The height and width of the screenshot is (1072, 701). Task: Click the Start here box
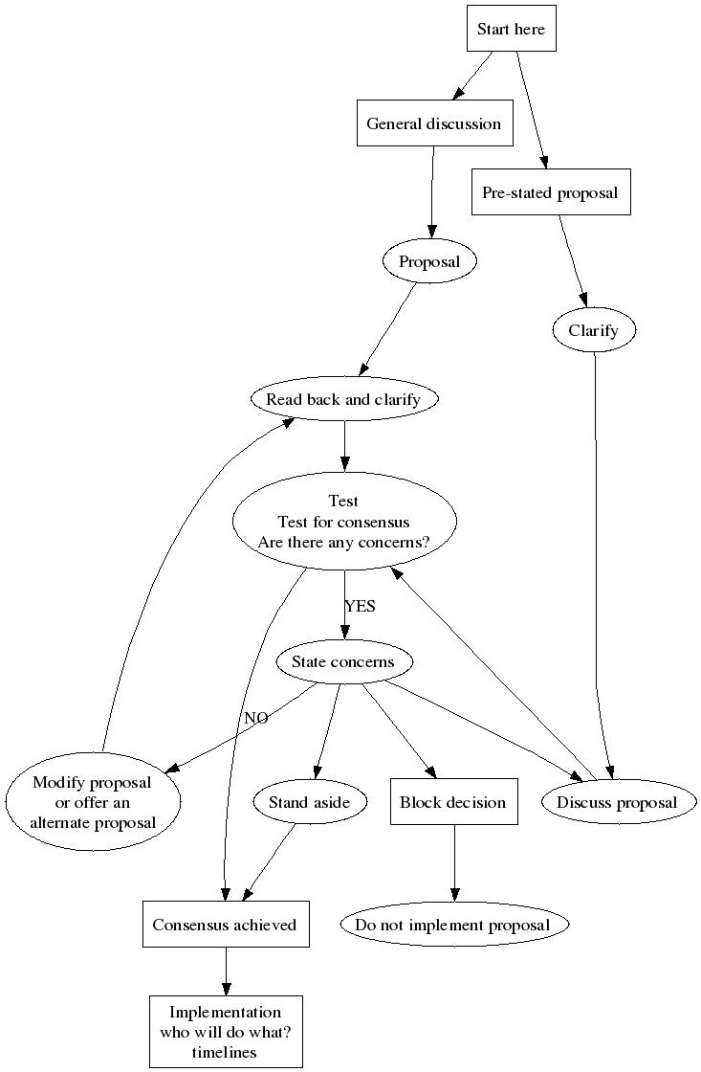click(x=511, y=30)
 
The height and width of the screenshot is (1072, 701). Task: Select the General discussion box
click(x=433, y=124)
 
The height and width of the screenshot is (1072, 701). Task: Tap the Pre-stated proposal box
click(x=550, y=193)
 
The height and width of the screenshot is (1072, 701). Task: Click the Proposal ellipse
click(x=429, y=262)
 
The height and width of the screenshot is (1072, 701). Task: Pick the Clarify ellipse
click(x=594, y=331)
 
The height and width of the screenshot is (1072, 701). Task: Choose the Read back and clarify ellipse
click(x=343, y=400)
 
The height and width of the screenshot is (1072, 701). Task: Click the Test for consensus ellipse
click(x=343, y=522)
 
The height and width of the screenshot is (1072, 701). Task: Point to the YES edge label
click(x=360, y=606)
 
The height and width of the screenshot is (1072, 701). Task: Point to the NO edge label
click(x=255, y=718)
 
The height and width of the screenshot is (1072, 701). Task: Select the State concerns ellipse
click(x=342, y=662)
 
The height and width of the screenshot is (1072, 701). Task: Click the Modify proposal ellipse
click(x=92, y=802)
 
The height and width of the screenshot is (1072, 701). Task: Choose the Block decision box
click(x=453, y=802)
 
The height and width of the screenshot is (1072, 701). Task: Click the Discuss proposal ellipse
click(x=617, y=802)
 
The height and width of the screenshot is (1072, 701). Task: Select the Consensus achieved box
click(x=226, y=925)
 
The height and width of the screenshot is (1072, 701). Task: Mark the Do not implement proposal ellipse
click(x=453, y=925)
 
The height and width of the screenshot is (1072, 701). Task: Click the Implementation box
click(x=226, y=1032)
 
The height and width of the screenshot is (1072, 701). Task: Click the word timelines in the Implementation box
click(x=226, y=1051)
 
